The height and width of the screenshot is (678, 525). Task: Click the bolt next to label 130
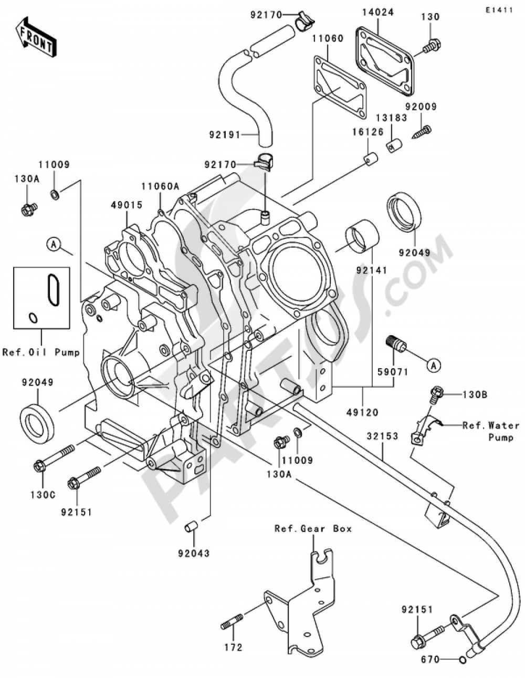click(432, 47)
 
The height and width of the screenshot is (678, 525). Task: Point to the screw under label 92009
click(423, 130)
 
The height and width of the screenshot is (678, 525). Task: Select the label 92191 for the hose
click(223, 135)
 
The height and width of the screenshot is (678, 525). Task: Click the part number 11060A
click(160, 186)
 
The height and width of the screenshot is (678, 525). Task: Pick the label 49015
click(127, 205)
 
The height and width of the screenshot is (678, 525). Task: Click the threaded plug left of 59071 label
click(396, 345)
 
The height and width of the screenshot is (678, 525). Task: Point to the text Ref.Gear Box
click(313, 529)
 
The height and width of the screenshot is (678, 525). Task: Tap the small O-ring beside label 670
click(460, 660)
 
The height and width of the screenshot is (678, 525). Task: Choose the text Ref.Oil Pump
click(41, 352)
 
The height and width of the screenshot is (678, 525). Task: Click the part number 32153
click(383, 436)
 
